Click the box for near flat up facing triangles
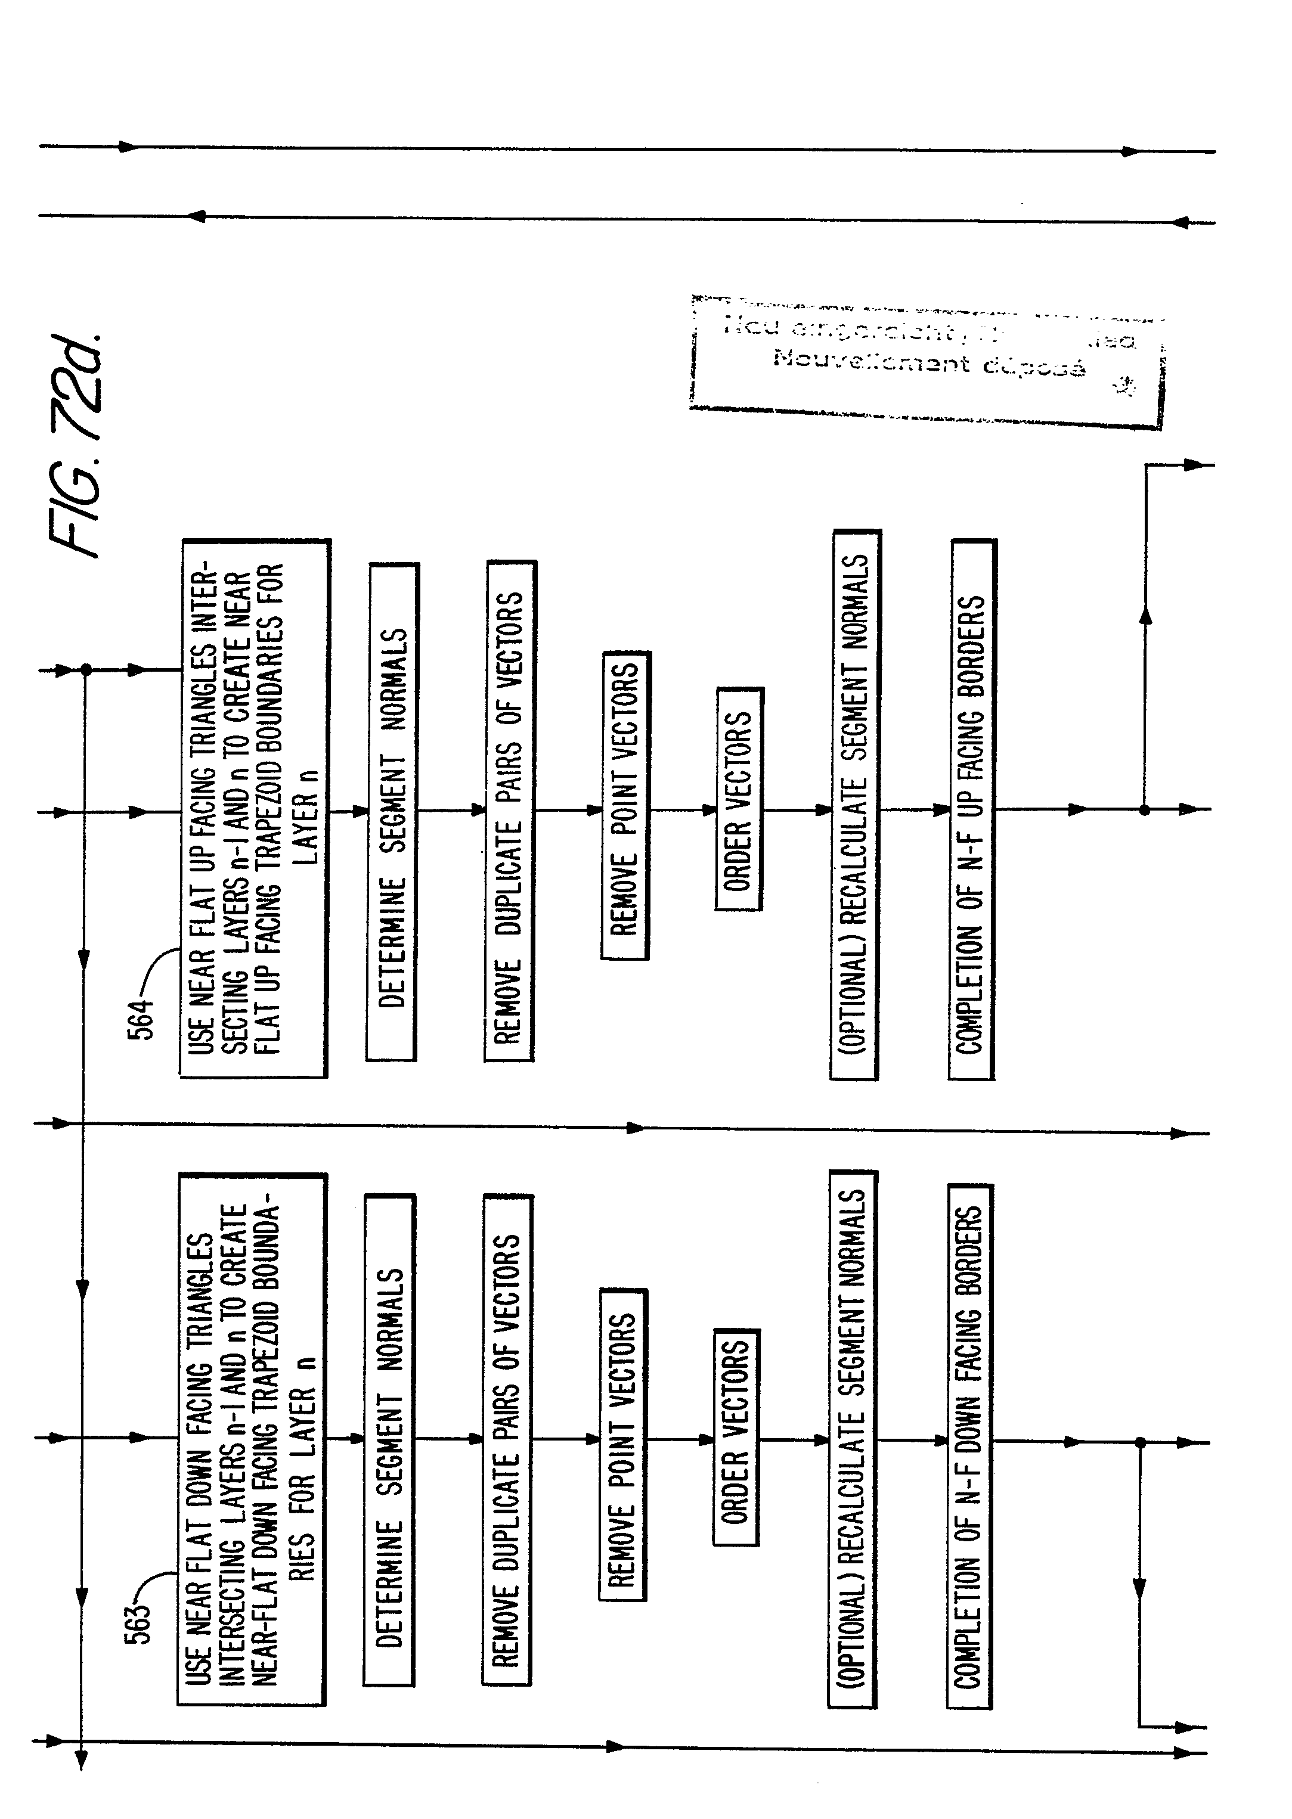point(255,808)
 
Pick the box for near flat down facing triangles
point(252,1439)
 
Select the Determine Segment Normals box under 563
point(389,1439)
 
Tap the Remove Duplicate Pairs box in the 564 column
point(509,811)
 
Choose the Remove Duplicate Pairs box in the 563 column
point(507,1439)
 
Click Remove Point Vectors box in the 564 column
point(625,806)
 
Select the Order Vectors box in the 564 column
point(739,799)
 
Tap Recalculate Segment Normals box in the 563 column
point(852,1439)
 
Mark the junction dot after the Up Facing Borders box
point(1144,810)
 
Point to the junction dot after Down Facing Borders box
point(1139,1442)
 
